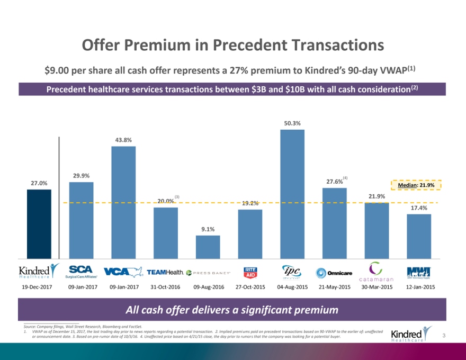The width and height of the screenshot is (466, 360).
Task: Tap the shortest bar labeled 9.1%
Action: point(208,247)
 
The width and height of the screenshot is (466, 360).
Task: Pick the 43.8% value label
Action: point(123,140)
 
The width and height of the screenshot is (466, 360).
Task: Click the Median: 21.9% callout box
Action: point(416,185)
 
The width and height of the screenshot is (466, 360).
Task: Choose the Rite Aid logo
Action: point(250,272)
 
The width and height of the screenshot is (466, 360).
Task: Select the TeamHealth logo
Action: point(165,272)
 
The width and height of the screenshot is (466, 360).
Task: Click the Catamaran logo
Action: point(376,272)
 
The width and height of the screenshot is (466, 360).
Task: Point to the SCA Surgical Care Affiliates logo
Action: point(81,272)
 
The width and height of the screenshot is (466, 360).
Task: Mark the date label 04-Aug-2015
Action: point(292,287)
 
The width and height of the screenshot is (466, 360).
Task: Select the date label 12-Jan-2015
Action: point(420,287)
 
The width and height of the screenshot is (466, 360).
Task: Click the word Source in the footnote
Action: point(31,327)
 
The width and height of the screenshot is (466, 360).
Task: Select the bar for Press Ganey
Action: point(208,247)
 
